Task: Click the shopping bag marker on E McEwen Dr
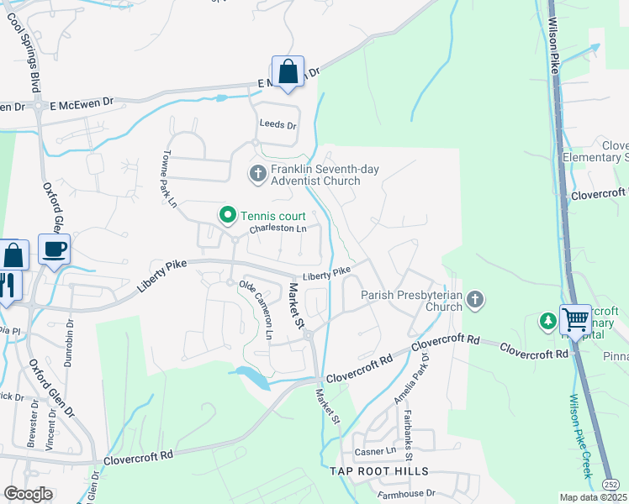[x=288, y=72]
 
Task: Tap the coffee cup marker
[x=55, y=249]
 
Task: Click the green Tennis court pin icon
[x=226, y=216]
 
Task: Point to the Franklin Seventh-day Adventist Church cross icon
[x=257, y=174]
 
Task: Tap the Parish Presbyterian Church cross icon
[x=475, y=300]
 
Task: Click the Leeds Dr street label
[x=277, y=125]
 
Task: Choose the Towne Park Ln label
[x=169, y=179]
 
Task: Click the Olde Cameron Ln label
[x=256, y=309]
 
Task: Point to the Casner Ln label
[x=370, y=452]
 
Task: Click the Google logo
[x=28, y=494]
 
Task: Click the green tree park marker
[x=547, y=320]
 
